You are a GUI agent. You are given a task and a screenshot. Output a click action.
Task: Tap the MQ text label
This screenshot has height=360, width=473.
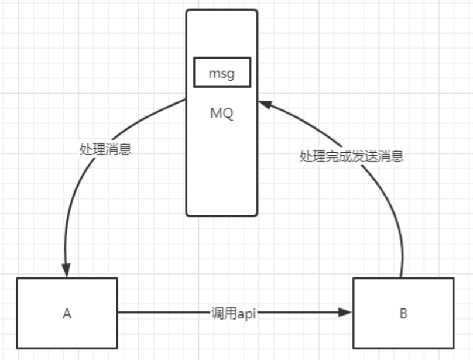pos(222,113)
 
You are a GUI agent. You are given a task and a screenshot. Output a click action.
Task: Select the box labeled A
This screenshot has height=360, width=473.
pos(67,313)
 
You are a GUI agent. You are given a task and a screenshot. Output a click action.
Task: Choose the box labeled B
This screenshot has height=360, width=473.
pos(403,313)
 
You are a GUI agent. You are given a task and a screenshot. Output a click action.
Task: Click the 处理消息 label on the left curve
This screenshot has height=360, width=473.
pos(105,148)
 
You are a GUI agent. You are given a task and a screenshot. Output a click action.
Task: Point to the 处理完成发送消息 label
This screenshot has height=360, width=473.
pos(351,157)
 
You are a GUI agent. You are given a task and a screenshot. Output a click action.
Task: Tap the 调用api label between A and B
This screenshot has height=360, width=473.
pos(234,313)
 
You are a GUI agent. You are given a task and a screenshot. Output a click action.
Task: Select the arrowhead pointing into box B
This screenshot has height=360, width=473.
pos(346,313)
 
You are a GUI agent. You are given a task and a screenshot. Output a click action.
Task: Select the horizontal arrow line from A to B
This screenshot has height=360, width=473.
pos(164,313)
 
